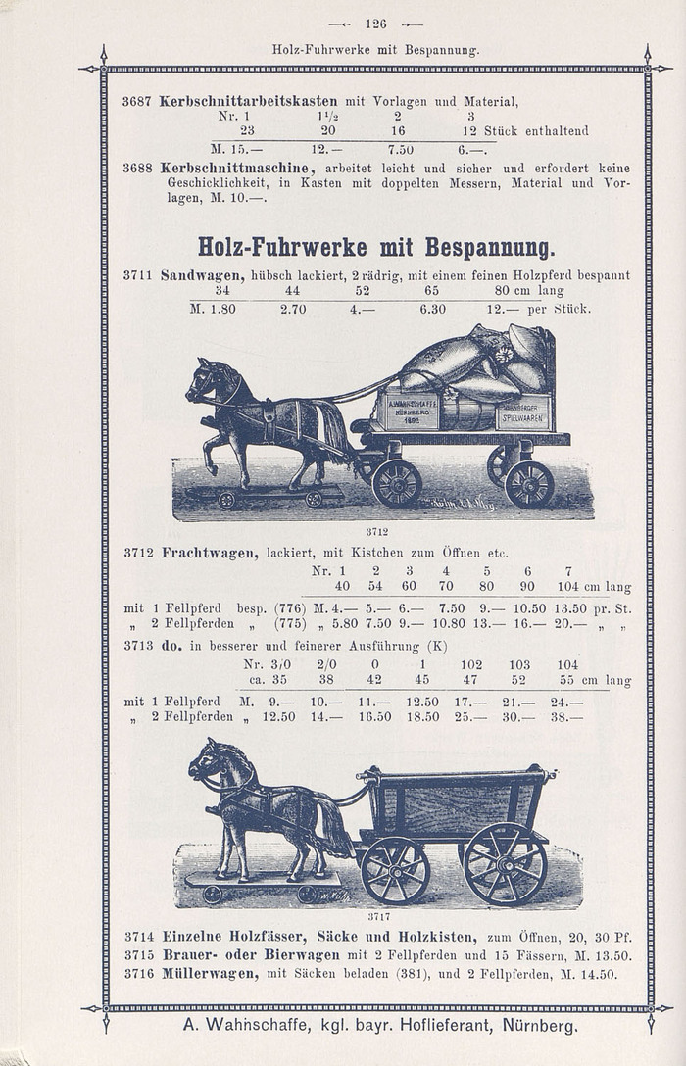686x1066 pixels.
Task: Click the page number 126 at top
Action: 376,24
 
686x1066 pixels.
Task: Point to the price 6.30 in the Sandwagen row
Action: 432,308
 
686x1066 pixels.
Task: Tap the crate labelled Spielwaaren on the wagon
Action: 523,412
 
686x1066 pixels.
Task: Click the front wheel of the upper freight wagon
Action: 396,483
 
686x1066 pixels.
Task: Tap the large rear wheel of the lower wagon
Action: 505,863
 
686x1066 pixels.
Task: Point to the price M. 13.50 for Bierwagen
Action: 599,955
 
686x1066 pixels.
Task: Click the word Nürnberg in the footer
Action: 539,1026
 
